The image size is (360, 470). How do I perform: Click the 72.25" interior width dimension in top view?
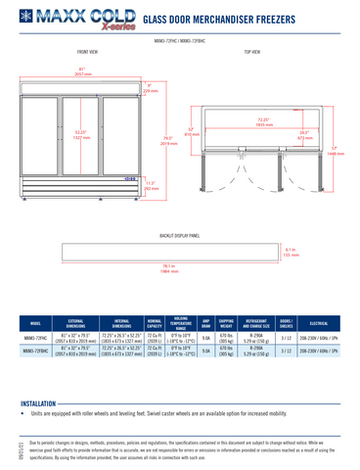pyautogui.click(x=262, y=123)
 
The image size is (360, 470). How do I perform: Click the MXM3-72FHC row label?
pyautogui.click(x=35, y=336)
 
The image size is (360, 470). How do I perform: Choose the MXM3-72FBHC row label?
pyautogui.click(x=35, y=352)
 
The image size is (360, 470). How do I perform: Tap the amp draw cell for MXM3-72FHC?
pyautogui.click(x=205, y=336)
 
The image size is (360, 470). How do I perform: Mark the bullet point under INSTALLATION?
pyautogui.click(x=22, y=414)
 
